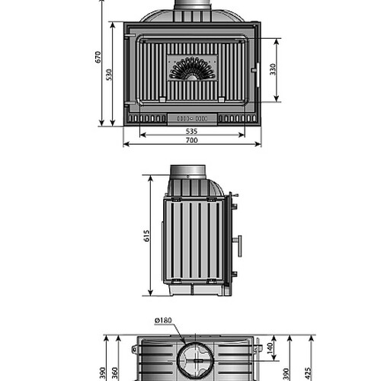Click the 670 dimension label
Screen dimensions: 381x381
click(98, 57)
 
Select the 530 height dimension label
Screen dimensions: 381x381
click(109, 75)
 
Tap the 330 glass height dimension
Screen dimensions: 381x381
click(273, 69)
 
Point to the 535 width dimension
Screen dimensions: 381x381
click(191, 131)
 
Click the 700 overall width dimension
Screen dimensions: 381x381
click(192, 140)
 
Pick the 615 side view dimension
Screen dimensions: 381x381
click(146, 235)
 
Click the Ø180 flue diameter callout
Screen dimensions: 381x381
click(163, 321)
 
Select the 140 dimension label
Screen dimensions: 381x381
click(271, 348)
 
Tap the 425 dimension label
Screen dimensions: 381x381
click(308, 373)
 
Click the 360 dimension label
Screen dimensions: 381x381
click(115, 373)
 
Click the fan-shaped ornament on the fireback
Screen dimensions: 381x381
click(192, 68)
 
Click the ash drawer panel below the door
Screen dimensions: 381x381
click(192, 119)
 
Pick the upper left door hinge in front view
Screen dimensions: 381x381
click(130, 35)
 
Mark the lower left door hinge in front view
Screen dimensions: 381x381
click(130, 103)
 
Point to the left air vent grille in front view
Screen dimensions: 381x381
click(147, 119)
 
